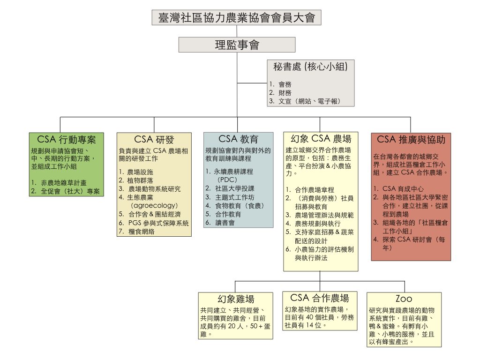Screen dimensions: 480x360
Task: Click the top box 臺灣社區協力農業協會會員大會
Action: pos(236,17)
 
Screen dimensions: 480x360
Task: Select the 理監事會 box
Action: pos(237,45)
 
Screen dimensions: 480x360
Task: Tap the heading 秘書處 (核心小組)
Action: pos(310,67)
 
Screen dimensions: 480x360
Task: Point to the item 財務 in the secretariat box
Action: pos(285,92)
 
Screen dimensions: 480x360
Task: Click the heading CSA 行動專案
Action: pos(67,140)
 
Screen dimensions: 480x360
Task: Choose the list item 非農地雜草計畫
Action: pos(64,183)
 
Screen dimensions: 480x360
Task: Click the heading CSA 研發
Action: pos(154,140)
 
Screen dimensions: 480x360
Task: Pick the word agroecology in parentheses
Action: pos(154,205)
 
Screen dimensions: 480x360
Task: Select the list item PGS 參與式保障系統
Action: pos(158,223)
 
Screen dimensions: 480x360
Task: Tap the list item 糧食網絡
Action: pos(141,232)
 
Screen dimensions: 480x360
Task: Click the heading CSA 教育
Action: pos(238,139)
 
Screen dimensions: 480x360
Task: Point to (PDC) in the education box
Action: pos(227,180)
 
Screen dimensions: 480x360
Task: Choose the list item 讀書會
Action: pos(225,223)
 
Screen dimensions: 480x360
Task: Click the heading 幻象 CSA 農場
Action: pos(321,139)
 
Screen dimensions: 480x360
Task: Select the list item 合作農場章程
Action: pos(315,190)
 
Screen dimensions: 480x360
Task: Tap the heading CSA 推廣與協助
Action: pos(411,140)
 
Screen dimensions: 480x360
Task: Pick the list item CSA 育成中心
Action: pos(403,188)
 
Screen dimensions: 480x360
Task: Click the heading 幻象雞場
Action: pos(236,299)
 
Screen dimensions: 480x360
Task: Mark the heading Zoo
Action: pos(404,299)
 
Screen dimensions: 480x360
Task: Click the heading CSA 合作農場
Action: pos(320,298)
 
